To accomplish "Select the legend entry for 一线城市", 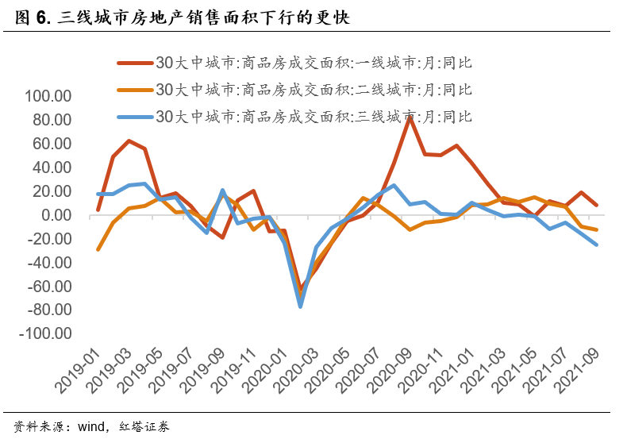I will pos(313,63).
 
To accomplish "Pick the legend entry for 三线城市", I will pos(313,117).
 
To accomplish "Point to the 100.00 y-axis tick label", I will pos(49,97).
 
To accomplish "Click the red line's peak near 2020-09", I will pos(410,117).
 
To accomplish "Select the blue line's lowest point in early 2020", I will pos(301,306).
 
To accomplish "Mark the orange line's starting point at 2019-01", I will pos(98,249).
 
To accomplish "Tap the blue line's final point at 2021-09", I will pos(597,245).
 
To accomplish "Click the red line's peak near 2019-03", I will pos(129,141).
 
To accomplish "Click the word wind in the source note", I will pos(90,426).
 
